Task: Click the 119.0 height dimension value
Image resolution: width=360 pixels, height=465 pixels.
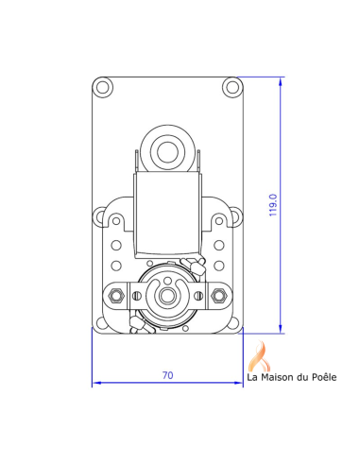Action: tap(273, 205)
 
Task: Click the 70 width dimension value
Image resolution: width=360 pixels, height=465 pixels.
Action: tap(167, 375)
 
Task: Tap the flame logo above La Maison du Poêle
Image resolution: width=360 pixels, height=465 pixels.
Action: tap(260, 355)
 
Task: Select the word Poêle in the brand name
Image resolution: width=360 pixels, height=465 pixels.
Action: tap(324, 377)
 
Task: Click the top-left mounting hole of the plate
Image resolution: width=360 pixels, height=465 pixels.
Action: tap(102, 87)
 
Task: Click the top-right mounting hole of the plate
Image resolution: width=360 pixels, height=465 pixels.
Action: tap(232, 87)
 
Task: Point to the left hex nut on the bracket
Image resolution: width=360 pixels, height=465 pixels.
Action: tap(116, 295)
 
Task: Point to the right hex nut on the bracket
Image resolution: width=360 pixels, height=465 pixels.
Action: tap(219, 295)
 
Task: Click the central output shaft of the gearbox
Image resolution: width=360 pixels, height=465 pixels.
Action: tap(166, 296)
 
